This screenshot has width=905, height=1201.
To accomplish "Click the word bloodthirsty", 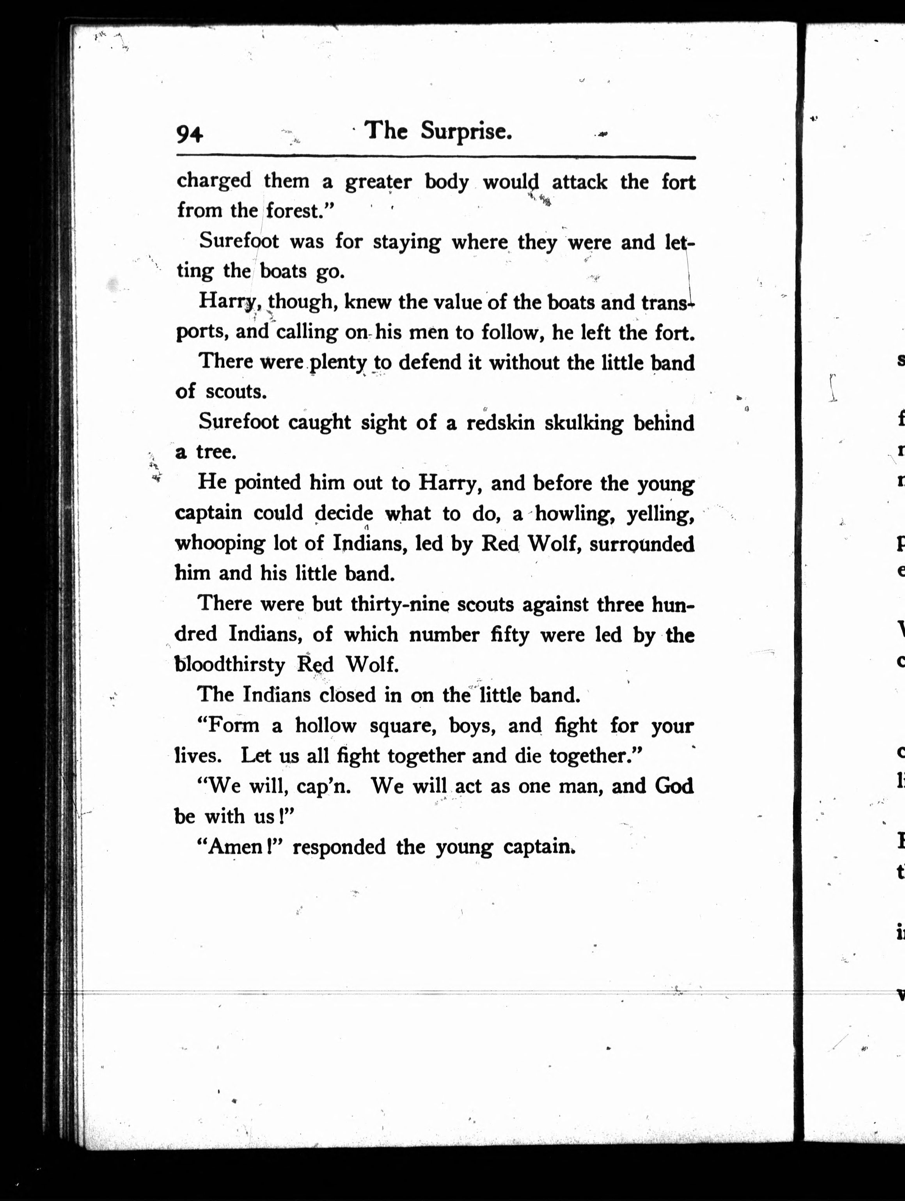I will [x=230, y=664].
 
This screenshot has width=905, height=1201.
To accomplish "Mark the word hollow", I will [x=325, y=725].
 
